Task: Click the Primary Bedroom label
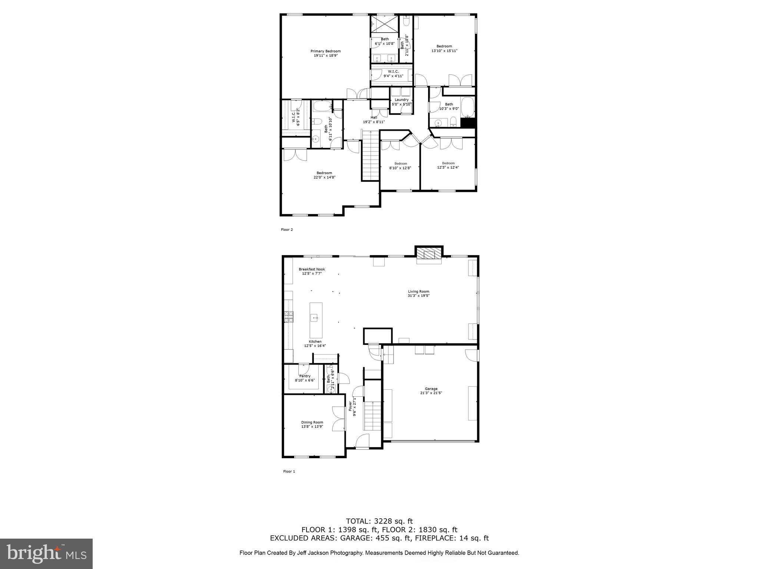pos(325,51)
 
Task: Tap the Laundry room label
pos(401,100)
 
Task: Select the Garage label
pos(431,389)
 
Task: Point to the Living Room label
pos(418,292)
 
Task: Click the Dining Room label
pos(312,422)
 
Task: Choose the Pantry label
pos(305,376)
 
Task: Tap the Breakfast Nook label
pos(312,269)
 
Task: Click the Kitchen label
pos(315,342)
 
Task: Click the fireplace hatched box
pos(429,254)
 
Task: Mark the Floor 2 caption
pos(287,230)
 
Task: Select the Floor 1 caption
pos(289,472)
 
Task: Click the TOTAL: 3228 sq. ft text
pos(379,521)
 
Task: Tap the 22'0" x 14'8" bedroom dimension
pos(324,177)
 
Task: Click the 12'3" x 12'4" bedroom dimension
pos(448,167)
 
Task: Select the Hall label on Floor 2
pos(374,117)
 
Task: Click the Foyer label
pos(350,406)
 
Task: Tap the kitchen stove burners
pos(289,316)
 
